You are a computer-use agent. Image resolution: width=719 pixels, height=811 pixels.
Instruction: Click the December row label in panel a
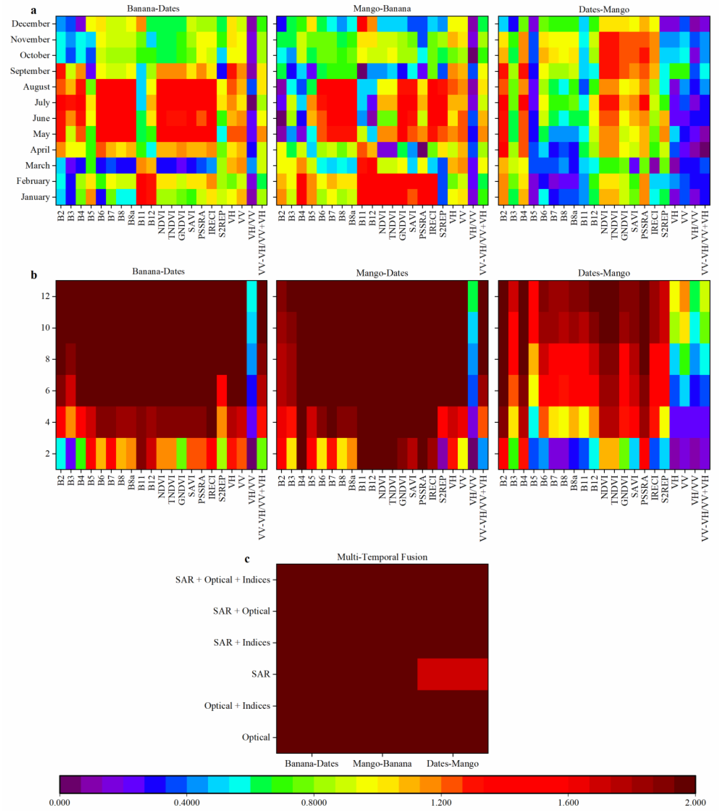31,24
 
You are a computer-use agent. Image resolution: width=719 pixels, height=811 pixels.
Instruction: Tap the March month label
37,165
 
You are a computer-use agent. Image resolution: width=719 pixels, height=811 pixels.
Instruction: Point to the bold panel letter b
34,275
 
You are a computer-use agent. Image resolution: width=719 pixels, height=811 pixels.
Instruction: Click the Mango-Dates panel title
382,273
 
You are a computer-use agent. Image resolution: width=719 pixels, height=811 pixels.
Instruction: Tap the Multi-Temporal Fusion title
382,557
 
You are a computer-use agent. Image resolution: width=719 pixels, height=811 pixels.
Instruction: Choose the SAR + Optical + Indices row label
223,580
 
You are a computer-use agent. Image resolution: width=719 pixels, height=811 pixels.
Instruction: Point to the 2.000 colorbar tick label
695,803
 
